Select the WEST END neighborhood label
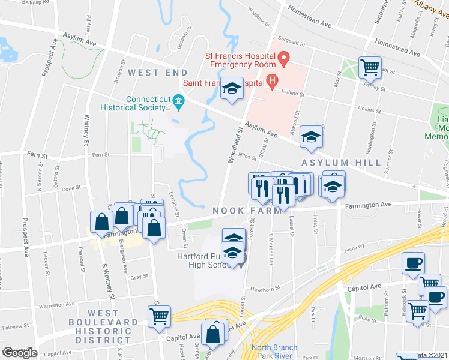point(154,73)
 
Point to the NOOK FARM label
point(247,211)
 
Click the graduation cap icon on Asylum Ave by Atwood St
point(312,137)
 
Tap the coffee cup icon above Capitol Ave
point(412,262)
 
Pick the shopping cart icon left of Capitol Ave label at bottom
point(160,316)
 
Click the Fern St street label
point(37,155)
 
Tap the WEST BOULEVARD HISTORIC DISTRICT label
point(103,326)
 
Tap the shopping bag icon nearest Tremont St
point(101,221)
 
